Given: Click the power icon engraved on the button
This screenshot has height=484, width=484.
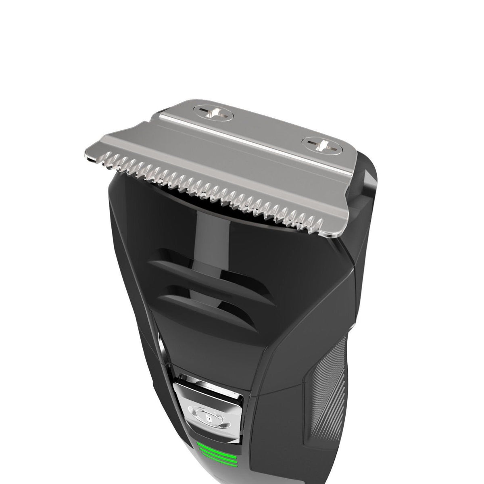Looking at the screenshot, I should click(206, 411).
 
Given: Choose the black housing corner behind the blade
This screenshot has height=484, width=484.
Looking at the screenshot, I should click(369, 177).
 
